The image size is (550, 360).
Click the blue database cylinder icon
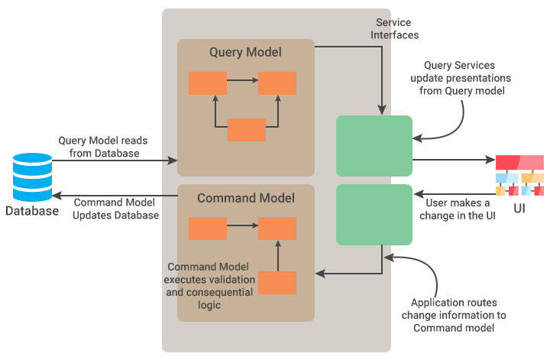point(31,177)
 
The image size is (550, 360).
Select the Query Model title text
point(245,52)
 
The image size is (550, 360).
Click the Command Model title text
point(245,198)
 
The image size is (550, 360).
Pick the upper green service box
point(374,145)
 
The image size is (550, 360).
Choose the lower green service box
point(374,214)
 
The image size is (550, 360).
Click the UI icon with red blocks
point(519,175)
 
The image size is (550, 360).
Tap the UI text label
point(519,209)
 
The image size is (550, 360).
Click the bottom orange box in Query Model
point(247,130)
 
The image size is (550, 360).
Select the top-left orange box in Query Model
point(208,83)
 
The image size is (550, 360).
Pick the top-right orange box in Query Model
point(277,83)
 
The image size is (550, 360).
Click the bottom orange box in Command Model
point(277,283)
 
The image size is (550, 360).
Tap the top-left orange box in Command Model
point(208,228)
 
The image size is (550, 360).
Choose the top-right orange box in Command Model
point(277,228)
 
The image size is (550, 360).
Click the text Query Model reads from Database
point(108,147)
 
